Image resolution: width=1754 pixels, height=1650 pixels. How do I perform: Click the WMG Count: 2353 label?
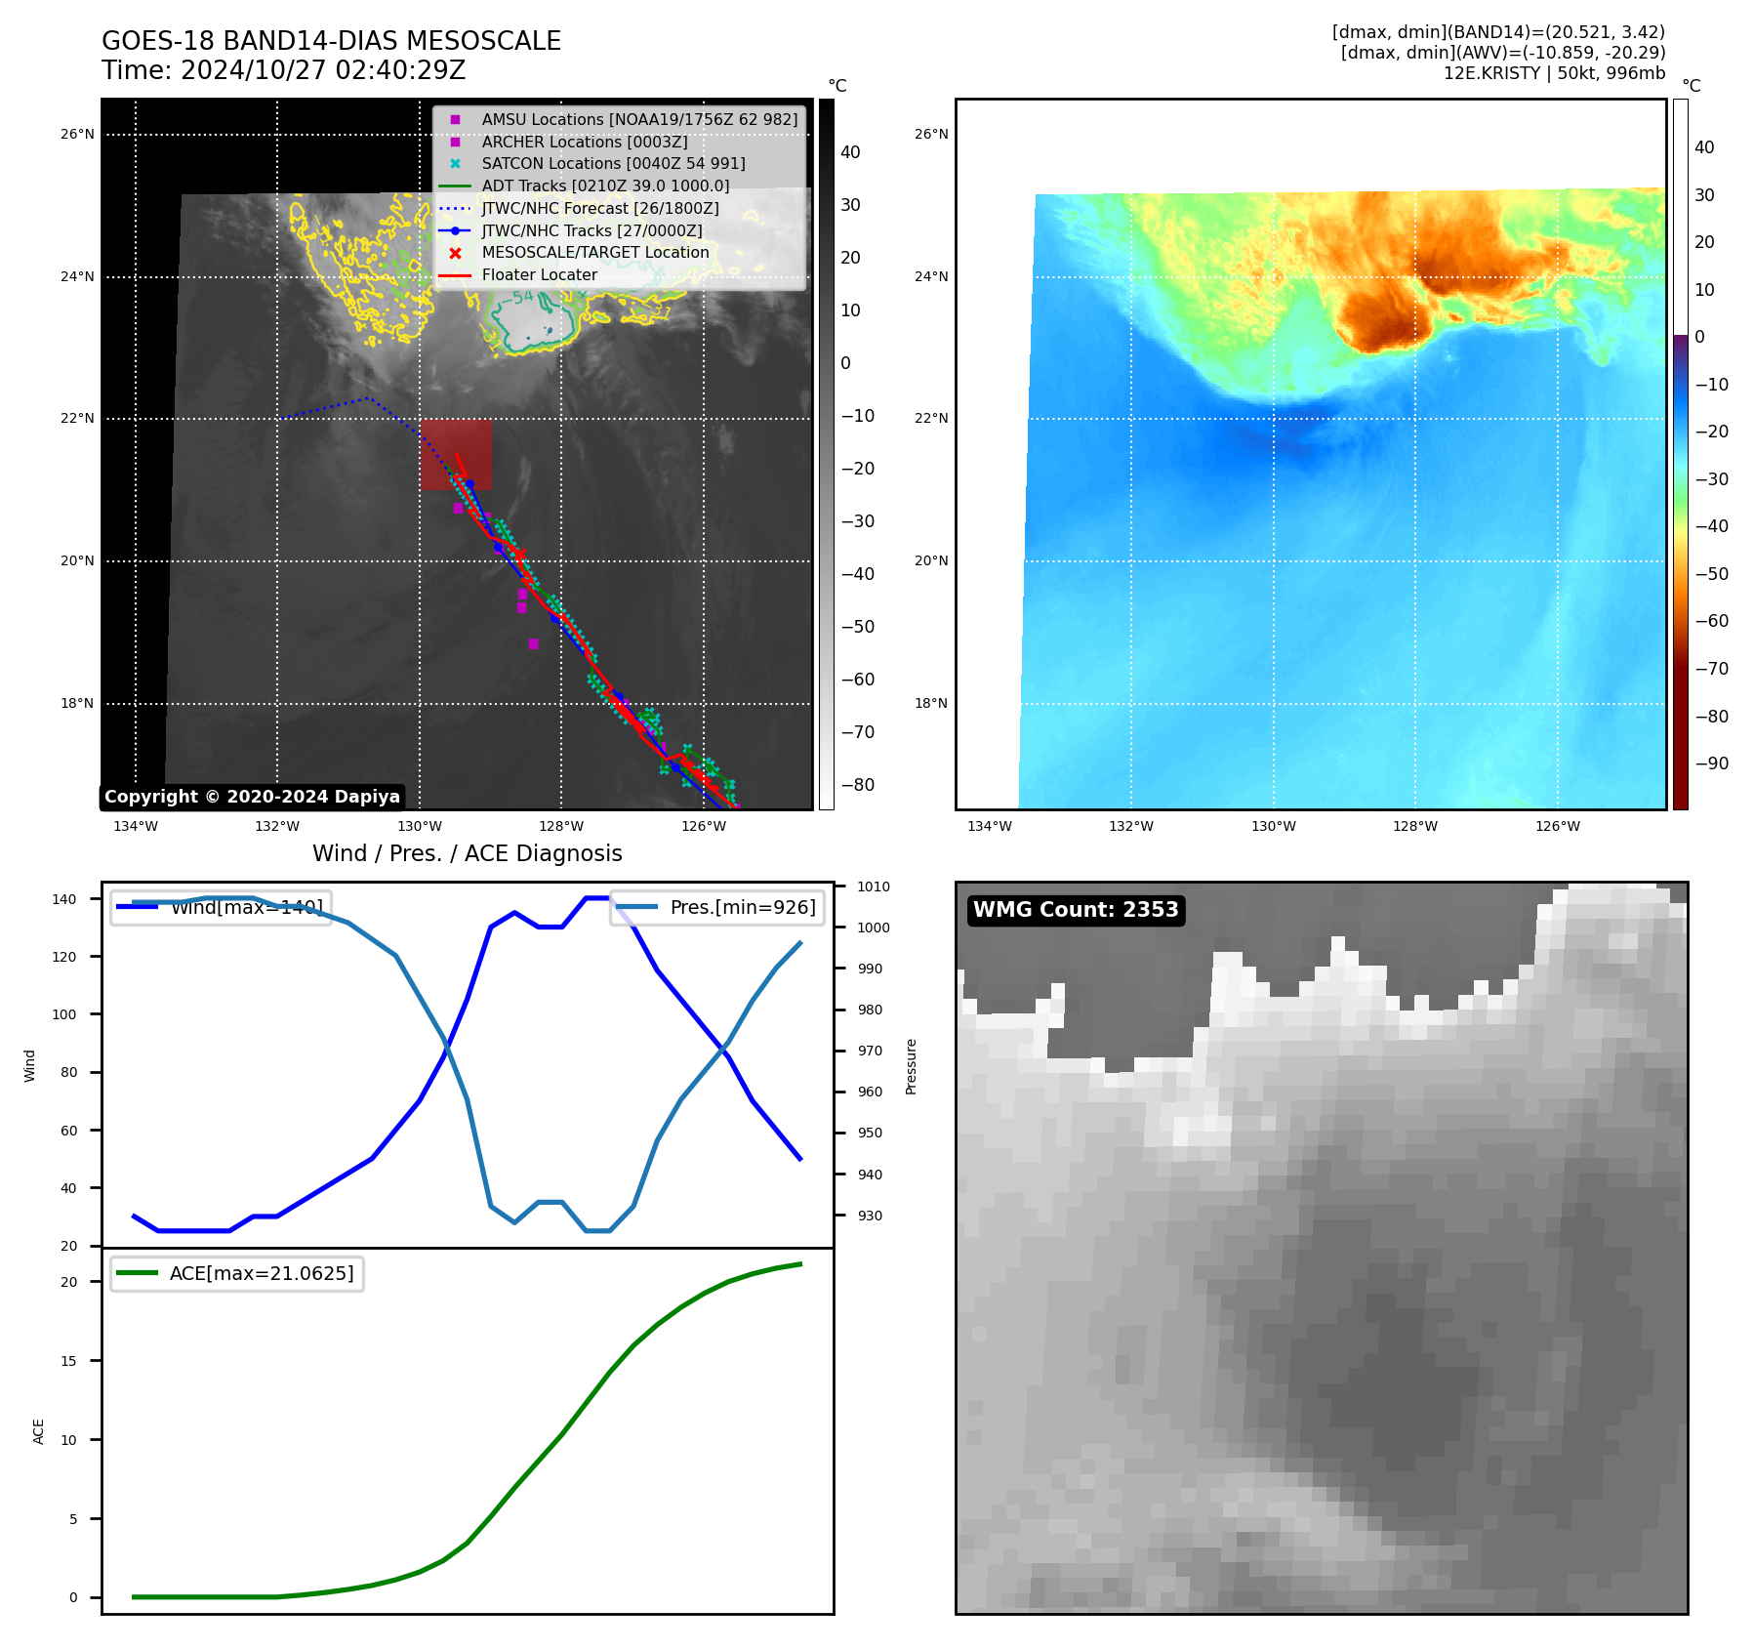(x=1076, y=910)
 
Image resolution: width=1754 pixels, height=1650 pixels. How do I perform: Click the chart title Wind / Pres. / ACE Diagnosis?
(x=467, y=853)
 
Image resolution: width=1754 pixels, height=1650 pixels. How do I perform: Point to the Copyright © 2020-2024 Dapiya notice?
(x=252, y=797)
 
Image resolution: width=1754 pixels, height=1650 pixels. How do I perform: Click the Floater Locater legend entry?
(x=539, y=275)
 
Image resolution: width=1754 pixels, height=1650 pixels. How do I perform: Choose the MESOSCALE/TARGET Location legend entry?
(x=594, y=253)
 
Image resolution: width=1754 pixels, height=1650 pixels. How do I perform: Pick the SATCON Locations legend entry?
(x=612, y=164)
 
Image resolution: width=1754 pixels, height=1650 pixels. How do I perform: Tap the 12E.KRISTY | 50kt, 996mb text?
(x=1554, y=73)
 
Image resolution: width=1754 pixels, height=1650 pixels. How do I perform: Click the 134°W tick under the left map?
(x=136, y=827)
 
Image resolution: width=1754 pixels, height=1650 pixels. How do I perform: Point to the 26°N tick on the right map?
(x=931, y=135)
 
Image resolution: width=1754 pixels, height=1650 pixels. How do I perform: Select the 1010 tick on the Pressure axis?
(x=874, y=887)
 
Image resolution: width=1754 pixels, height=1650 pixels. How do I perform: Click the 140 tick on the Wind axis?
(x=64, y=899)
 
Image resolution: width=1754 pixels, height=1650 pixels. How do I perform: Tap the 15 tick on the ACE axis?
(x=68, y=1361)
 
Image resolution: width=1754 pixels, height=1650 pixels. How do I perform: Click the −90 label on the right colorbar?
(x=1711, y=763)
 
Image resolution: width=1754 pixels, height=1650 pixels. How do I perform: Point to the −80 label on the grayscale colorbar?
(x=858, y=785)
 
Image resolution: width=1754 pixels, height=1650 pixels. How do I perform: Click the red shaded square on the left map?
(x=456, y=454)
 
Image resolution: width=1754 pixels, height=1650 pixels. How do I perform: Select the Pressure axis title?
(x=911, y=1066)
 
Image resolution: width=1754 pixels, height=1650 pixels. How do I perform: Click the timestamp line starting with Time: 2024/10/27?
(x=283, y=71)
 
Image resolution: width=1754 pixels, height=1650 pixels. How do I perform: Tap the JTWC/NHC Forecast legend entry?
(x=599, y=209)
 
